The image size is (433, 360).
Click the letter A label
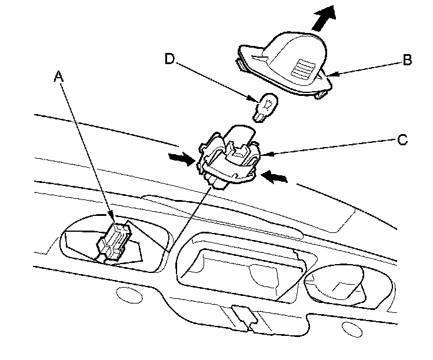click(58, 76)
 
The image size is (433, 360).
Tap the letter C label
click(402, 140)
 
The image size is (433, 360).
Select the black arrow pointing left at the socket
click(275, 176)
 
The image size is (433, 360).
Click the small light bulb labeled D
click(264, 108)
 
